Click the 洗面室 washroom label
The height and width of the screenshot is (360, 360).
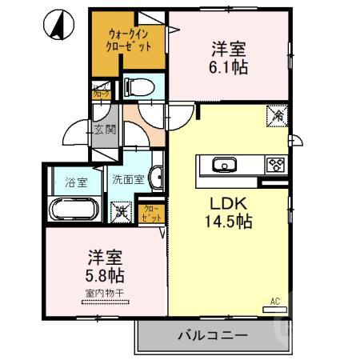127,180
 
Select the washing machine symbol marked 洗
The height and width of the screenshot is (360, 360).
121,213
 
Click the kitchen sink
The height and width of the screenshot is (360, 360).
224,166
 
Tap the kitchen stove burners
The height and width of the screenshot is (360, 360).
276,166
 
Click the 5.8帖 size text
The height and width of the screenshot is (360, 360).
103,275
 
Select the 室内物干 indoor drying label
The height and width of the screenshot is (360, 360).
103,294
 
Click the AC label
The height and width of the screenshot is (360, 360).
274,301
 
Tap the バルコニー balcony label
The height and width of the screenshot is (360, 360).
212,334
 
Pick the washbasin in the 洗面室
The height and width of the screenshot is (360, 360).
158,178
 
